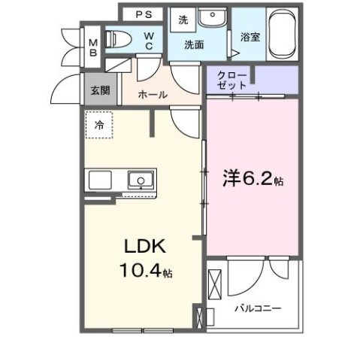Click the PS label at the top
[x=144, y=14]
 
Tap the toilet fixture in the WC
[x=118, y=38]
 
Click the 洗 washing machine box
[x=183, y=21]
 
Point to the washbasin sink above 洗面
[x=215, y=16]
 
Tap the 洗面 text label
[x=195, y=44]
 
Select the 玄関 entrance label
[x=99, y=90]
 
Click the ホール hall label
[x=154, y=95]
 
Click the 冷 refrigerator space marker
[x=99, y=126]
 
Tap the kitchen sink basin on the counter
[x=140, y=180]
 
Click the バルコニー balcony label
[x=256, y=307]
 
